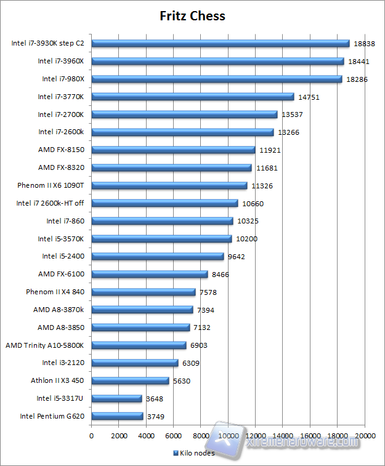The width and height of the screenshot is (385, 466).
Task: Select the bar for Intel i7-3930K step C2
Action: click(x=221, y=43)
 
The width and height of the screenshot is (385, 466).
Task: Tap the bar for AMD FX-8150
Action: click(x=173, y=150)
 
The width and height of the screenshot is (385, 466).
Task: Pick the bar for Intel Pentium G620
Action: click(x=117, y=416)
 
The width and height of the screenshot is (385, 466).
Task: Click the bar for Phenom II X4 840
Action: click(x=144, y=292)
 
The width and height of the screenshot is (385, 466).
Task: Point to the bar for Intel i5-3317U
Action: click(x=116, y=398)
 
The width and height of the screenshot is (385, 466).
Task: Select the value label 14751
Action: click(x=309, y=97)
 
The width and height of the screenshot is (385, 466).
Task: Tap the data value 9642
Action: click(x=237, y=257)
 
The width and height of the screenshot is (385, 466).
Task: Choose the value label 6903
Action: click(x=199, y=345)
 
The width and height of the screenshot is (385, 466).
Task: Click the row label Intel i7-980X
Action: click(x=63, y=79)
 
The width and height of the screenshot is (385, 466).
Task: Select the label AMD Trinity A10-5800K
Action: click(x=44, y=345)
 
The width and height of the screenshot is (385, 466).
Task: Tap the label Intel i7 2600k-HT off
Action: click(x=50, y=203)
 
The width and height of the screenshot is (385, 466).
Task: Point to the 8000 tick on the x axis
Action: click(x=201, y=436)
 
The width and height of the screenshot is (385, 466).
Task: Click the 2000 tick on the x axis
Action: click(x=119, y=436)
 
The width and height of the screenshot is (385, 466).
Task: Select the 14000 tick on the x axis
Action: click(x=283, y=436)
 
